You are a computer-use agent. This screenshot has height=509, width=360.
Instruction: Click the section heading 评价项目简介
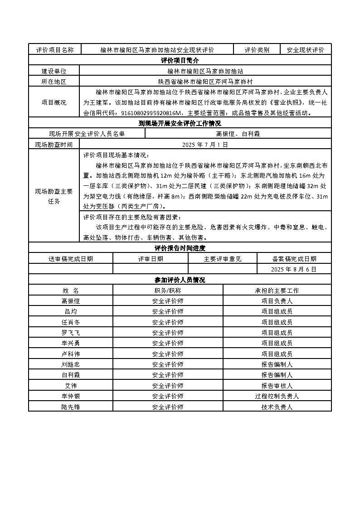pos(180,60)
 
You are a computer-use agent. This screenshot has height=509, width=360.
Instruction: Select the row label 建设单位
pos(54,71)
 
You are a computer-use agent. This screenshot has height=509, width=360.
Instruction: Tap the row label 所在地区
pos(54,82)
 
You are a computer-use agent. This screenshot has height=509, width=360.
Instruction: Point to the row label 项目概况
pos(54,102)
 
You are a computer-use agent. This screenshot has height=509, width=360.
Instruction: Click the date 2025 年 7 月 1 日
pos(205,145)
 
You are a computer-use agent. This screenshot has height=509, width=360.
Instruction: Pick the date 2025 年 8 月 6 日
pos(294,269)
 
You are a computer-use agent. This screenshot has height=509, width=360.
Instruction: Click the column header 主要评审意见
pos(223,259)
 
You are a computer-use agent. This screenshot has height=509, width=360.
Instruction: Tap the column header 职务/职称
pos(168,291)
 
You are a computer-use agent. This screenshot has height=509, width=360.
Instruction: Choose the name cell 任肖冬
pos(70,322)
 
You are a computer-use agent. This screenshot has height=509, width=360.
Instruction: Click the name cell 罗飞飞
pos(70,333)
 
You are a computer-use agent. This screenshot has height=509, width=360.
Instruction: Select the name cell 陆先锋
pos(70,407)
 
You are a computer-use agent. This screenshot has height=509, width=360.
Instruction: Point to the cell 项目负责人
pos(277,301)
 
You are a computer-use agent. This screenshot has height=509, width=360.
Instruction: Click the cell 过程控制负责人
pos(277,396)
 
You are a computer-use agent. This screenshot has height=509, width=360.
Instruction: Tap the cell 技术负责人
pos(277,407)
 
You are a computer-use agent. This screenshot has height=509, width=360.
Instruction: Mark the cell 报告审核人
pos(277,386)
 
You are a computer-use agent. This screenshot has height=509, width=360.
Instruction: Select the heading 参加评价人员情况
pos(180,280)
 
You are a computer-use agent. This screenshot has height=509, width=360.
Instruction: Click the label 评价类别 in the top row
pos(257,50)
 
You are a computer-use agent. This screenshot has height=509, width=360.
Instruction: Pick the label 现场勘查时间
pos(54,145)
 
